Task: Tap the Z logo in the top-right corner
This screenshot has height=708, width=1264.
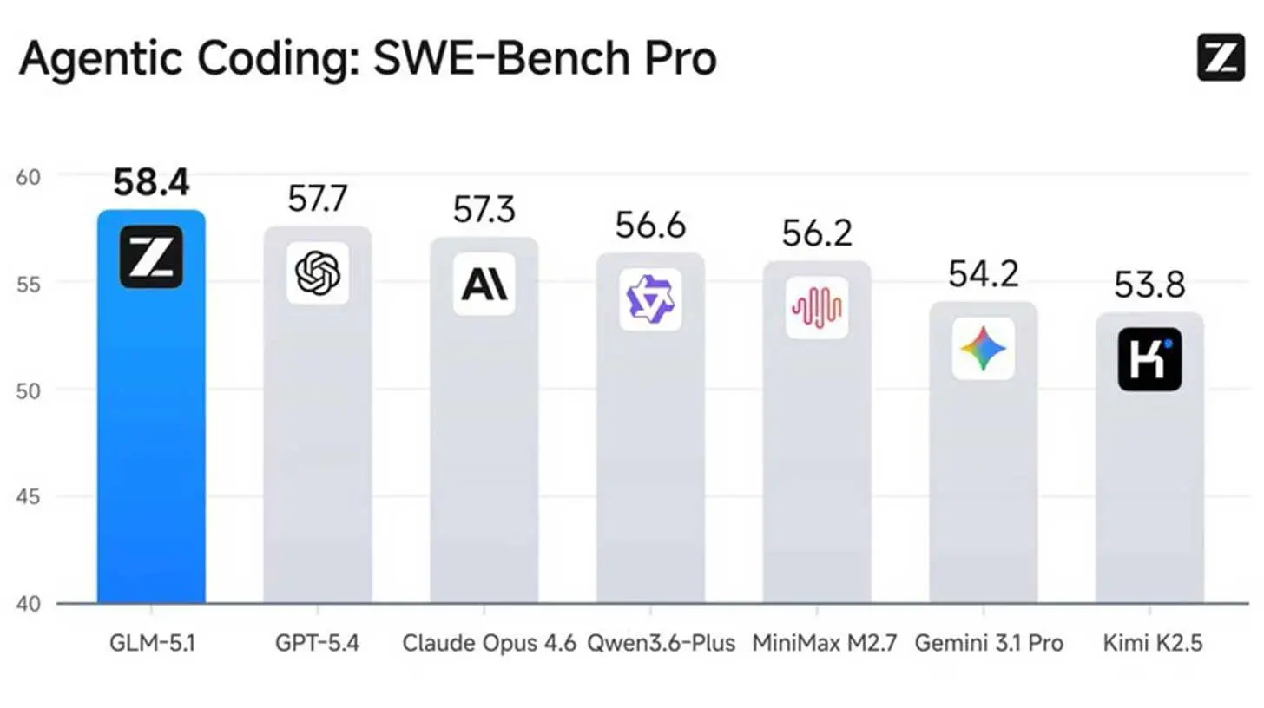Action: click(x=1221, y=58)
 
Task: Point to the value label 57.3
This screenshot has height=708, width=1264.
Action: click(x=484, y=211)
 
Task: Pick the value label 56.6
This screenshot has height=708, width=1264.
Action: click(x=650, y=226)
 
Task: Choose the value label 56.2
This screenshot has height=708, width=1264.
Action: click(x=817, y=233)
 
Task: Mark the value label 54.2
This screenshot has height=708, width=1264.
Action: click(x=983, y=274)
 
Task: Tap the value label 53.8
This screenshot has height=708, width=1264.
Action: click(x=1149, y=285)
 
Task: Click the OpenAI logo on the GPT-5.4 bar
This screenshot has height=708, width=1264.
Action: click(x=318, y=273)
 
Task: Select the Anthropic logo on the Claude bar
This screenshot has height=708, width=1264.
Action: click(x=484, y=284)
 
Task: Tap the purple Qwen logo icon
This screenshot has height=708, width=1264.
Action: click(x=650, y=299)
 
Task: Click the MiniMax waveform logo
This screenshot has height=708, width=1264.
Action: click(x=817, y=307)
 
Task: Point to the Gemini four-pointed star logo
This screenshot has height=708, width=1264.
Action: click(x=983, y=349)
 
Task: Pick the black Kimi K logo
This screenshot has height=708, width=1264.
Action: click(x=1149, y=359)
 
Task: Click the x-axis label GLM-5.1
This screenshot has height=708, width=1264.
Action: click(x=151, y=644)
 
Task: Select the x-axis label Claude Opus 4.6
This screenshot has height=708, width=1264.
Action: click(x=489, y=644)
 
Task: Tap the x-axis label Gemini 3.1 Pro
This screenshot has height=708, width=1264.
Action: click(x=989, y=644)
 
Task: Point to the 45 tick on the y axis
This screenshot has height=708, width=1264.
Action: click(x=29, y=497)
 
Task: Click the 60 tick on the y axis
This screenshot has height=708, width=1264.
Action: click(x=29, y=176)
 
